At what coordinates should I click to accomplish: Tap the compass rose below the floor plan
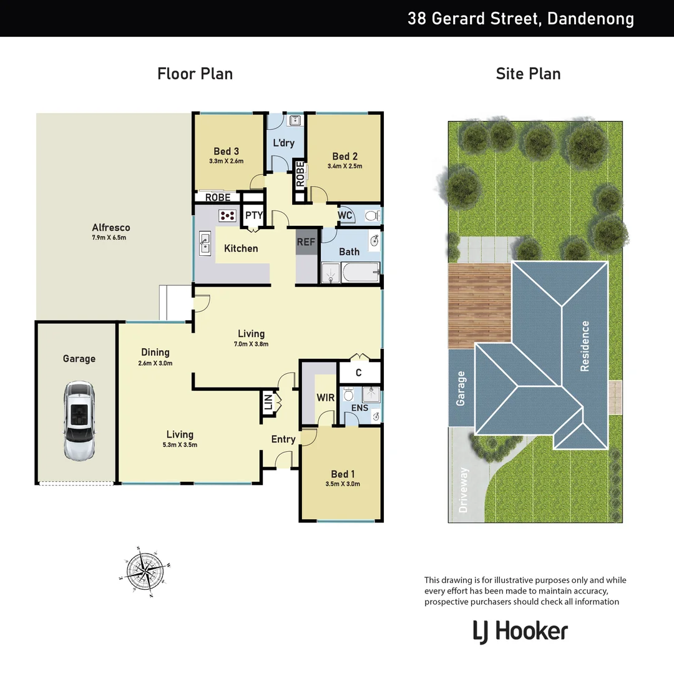(x=145, y=571)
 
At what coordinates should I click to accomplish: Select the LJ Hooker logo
(x=520, y=631)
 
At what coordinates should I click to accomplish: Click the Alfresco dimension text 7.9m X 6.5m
(x=110, y=238)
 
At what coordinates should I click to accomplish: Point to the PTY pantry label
(x=253, y=215)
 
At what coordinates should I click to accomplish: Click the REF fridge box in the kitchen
(x=306, y=242)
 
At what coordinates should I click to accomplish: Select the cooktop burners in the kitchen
(x=228, y=215)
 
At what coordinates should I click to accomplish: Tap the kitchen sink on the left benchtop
(x=205, y=243)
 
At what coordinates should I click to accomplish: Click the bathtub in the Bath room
(x=360, y=272)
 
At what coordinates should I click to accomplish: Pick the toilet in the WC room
(x=371, y=215)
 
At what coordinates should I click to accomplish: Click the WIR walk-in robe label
(x=326, y=398)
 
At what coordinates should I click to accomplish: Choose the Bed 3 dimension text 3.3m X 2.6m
(x=226, y=161)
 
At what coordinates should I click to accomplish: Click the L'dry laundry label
(x=283, y=143)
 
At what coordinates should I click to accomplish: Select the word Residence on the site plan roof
(x=585, y=346)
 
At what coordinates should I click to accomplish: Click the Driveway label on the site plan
(x=463, y=490)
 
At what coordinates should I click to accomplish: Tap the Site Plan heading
(x=528, y=74)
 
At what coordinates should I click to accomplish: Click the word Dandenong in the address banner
(x=590, y=19)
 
